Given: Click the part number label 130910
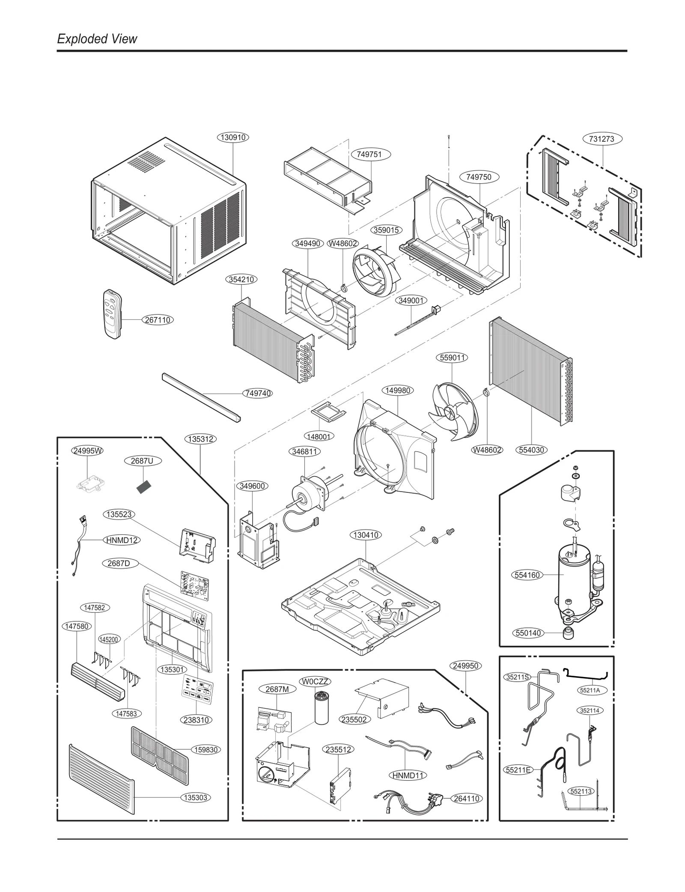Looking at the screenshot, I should [x=233, y=137].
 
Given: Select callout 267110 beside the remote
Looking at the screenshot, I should [x=158, y=319].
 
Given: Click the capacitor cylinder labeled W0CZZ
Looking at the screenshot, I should [x=321, y=708].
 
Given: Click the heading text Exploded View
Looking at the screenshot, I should [x=97, y=39].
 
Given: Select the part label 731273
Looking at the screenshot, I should [x=602, y=139].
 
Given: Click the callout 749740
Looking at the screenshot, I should [x=258, y=393].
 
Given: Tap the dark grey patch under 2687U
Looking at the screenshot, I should [x=144, y=487].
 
